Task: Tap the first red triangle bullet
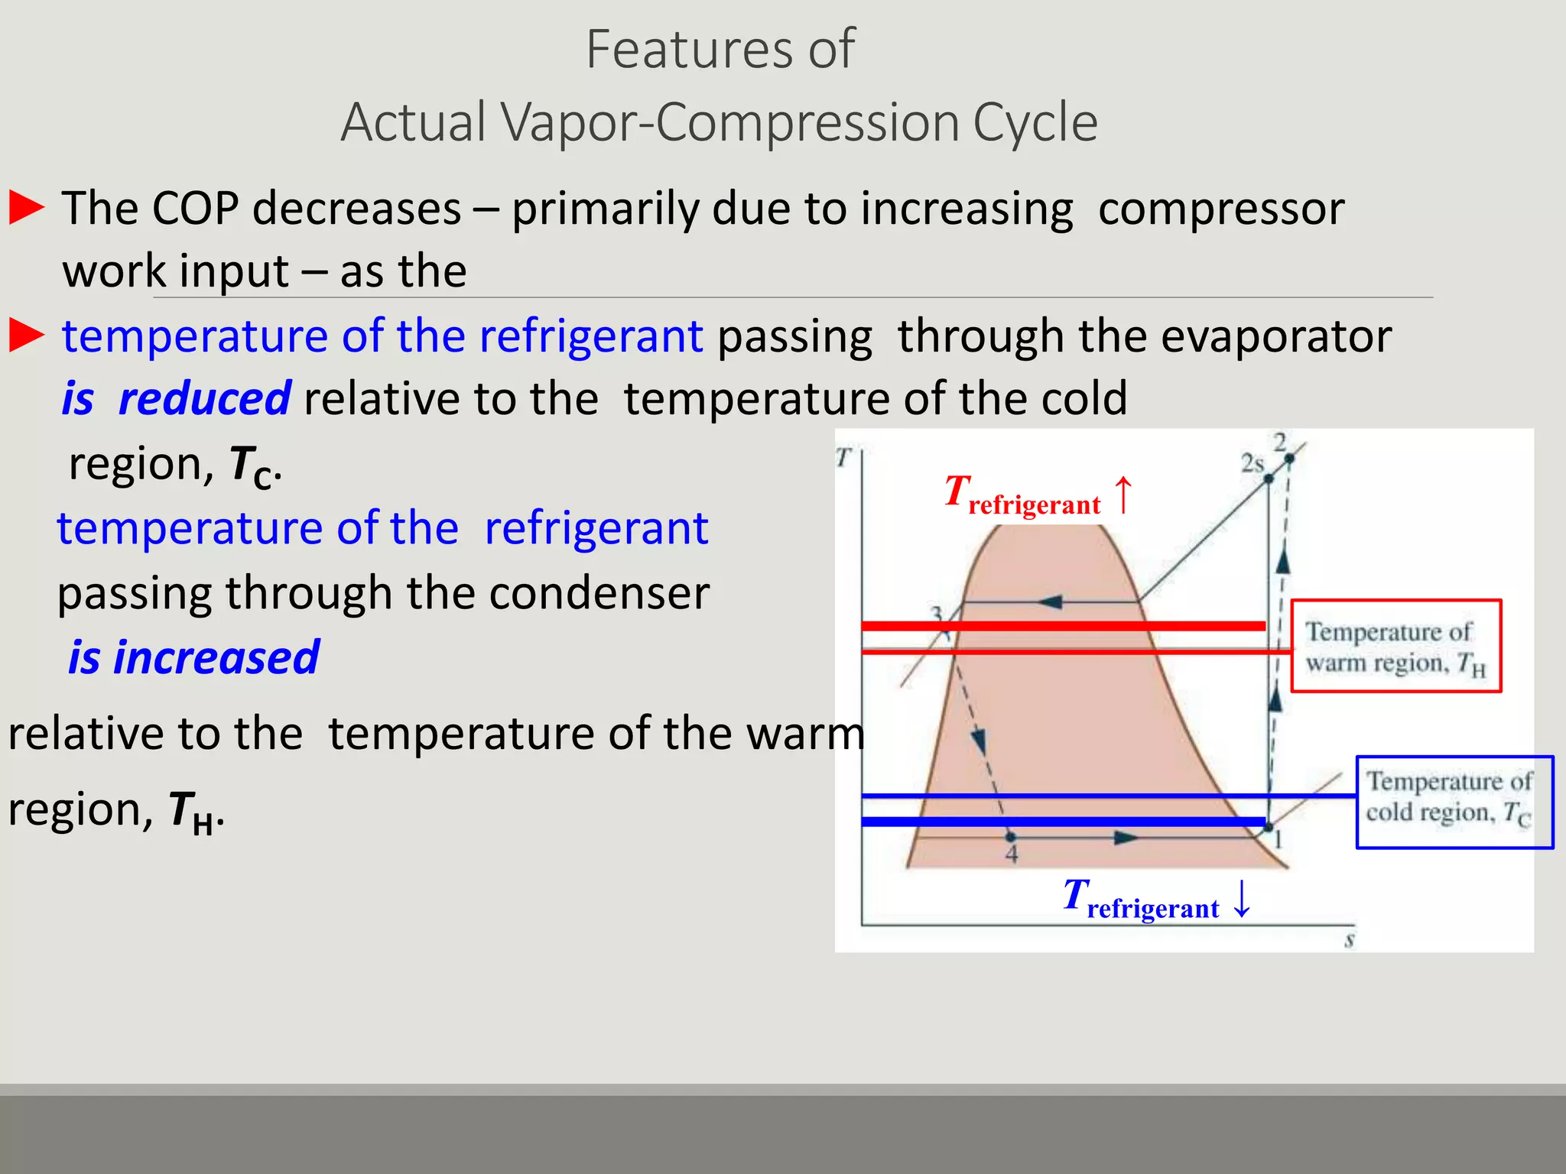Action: coord(27,208)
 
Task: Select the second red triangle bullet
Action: coord(27,336)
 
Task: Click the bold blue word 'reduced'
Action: coord(204,398)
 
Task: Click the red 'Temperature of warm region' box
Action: coord(1395,646)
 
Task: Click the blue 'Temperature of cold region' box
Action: coord(1454,802)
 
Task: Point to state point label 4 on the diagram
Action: coord(1012,855)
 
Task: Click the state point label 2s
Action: coord(1252,463)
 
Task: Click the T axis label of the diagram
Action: coord(843,457)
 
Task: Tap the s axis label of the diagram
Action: coord(1350,941)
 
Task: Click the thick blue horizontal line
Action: coord(1063,822)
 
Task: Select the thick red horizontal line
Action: coord(1063,626)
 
